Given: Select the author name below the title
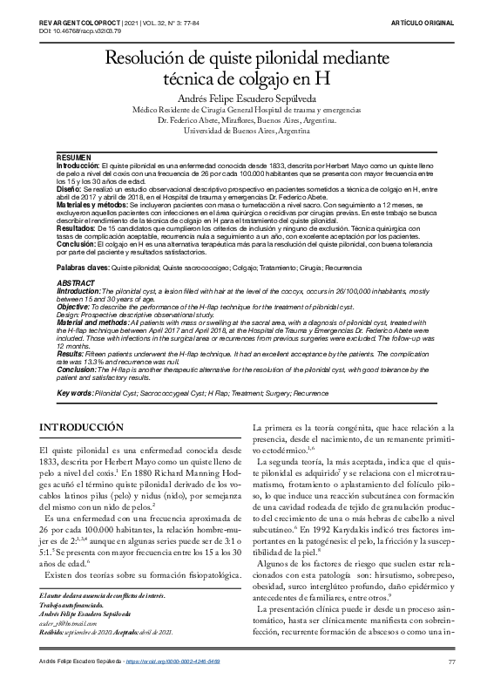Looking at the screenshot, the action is (x=247, y=98).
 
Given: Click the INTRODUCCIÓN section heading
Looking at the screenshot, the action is (x=89, y=427).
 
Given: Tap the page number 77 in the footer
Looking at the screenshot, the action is (x=451, y=663).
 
